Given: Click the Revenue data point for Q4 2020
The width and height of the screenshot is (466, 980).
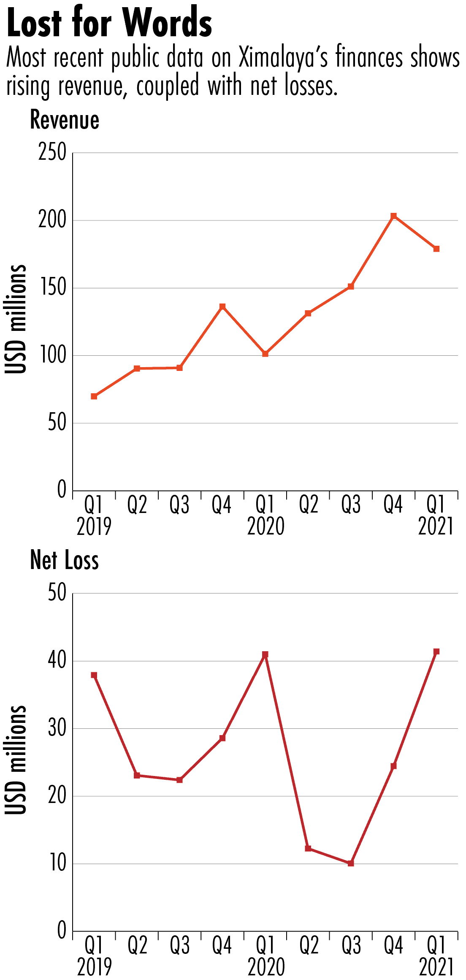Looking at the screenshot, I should tap(393, 216).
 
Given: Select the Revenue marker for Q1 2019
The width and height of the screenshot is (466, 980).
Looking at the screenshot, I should tap(94, 396).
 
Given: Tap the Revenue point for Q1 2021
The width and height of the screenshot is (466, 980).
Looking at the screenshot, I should tap(436, 249).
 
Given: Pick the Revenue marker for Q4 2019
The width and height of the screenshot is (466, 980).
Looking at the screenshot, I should tap(222, 306).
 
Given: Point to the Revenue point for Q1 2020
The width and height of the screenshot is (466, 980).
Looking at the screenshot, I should tap(265, 354).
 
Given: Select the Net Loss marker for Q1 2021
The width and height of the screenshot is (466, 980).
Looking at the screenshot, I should tap(436, 652).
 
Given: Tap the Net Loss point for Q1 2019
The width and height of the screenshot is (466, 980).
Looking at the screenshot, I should tap(94, 675).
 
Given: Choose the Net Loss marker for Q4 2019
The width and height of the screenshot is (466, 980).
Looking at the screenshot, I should tap(222, 738).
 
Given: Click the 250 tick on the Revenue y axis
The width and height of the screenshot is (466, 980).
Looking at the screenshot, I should tap(52, 152).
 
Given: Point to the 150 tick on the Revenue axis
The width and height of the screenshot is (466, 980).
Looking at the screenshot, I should tap(52, 288).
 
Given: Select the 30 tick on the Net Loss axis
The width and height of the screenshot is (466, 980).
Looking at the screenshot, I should tap(57, 728).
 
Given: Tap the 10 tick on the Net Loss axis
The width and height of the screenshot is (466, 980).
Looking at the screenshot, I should tap(58, 864).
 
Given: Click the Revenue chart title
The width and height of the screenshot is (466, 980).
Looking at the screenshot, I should tap(65, 120).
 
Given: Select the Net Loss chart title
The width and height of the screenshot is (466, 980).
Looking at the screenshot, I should tap(65, 561).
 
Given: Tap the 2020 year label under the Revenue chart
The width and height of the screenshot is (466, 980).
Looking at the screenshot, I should tap(266, 527).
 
